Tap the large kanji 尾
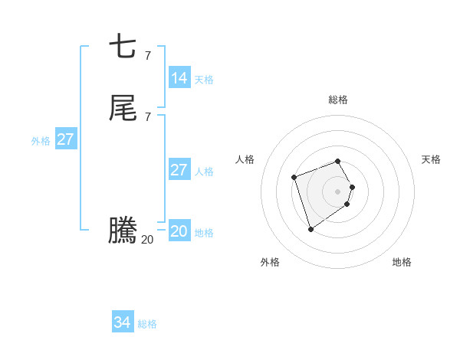pos(123,109)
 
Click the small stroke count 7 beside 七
pos(147,55)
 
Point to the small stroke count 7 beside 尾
pos(147,116)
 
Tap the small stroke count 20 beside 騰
pos(147,240)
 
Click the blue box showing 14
pos(179,77)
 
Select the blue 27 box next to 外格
pos(65,139)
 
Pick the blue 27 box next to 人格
pos(179,170)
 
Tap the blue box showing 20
pos(179,231)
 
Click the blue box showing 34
pos(123,322)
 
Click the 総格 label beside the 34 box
pos(148,324)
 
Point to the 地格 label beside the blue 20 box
pos(204,233)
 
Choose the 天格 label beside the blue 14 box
pos(204,79)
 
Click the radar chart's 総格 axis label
pos(338,100)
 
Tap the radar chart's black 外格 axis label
pos(270,262)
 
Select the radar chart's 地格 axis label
pos(402,262)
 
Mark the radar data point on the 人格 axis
pos(294,178)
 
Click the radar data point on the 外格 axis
pos(310,229)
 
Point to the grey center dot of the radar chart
pos(338,191)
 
